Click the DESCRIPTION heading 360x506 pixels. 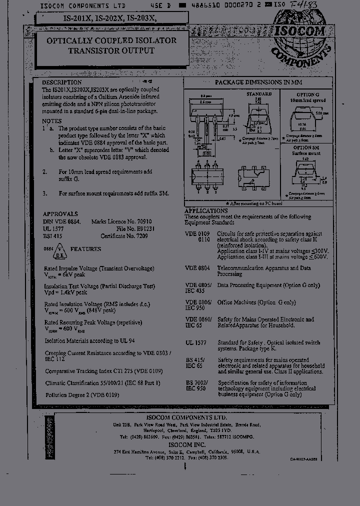61,82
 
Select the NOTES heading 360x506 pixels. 52,121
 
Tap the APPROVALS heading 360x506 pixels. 60,213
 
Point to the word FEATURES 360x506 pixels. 85,249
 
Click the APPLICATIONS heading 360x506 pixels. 206,211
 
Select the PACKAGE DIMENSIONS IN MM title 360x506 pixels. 258,82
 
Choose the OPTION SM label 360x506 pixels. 306,148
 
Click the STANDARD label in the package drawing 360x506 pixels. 259,94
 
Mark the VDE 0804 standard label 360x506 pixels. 197,268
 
